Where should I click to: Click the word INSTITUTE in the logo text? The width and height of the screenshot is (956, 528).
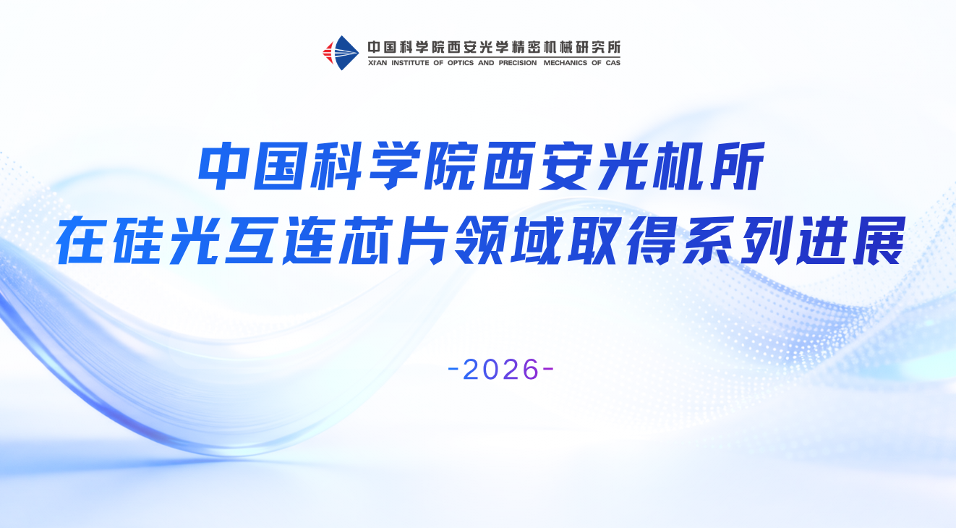(410, 63)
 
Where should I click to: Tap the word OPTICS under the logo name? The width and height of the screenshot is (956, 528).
(461, 63)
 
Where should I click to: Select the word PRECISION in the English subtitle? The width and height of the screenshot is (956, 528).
(518, 63)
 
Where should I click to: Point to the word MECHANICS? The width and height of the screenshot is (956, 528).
(565, 63)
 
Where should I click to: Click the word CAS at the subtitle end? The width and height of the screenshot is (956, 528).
(613, 63)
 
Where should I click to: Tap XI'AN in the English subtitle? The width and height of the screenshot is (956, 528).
(377, 63)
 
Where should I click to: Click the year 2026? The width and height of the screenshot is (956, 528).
(500, 369)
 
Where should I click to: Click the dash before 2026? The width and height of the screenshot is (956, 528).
(453, 370)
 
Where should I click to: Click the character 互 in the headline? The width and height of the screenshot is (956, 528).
(251, 240)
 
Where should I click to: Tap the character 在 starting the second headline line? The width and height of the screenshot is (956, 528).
(81, 240)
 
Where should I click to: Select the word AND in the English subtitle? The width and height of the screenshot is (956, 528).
(486, 63)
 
